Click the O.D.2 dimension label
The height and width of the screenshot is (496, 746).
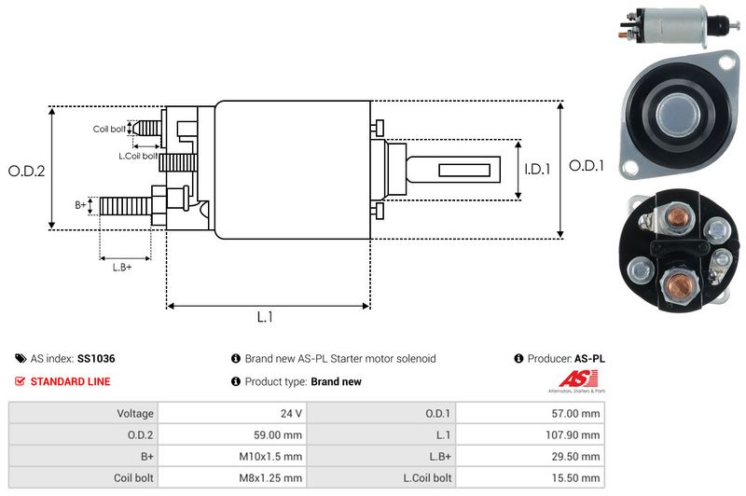click(27, 171)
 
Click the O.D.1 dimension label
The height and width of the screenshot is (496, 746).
click(587, 166)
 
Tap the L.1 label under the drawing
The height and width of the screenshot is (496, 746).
click(265, 317)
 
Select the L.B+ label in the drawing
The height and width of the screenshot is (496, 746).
click(122, 268)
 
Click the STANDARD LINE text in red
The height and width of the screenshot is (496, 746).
click(70, 381)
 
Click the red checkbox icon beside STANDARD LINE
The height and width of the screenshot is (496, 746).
click(21, 381)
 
